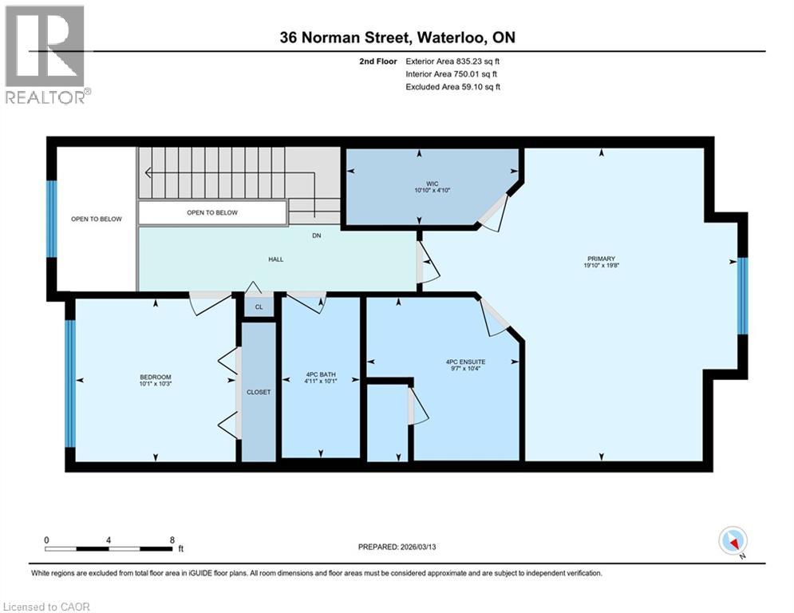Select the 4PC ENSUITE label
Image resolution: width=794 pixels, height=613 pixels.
[x=466, y=362]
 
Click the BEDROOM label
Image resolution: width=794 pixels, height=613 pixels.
[x=156, y=377]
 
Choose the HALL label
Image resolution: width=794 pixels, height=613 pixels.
[x=275, y=259]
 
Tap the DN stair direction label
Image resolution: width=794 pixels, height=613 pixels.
[x=316, y=235]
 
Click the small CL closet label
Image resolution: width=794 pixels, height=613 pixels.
[x=259, y=306]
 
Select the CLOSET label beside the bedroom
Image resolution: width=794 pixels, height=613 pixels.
[x=259, y=392]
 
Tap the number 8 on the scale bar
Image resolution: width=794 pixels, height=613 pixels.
[x=172, y=539]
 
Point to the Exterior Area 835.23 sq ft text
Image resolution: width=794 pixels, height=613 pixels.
[x=452, y=61]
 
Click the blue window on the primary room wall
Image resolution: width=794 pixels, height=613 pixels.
[x=742, y=296]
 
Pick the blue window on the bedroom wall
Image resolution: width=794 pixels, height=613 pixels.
[x=70, y=383]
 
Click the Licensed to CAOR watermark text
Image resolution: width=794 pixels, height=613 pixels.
[x=46, y=607]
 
